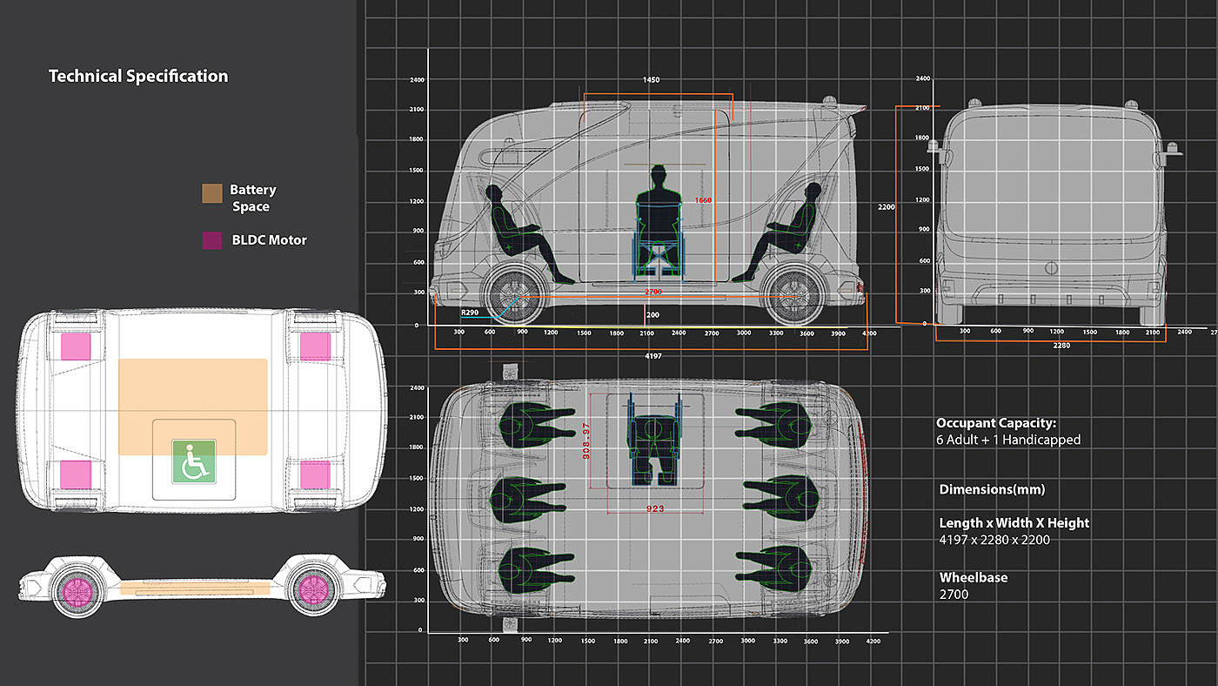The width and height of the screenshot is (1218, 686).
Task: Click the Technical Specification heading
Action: pos(138,77)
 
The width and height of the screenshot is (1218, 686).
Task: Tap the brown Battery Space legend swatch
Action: pos(211,193)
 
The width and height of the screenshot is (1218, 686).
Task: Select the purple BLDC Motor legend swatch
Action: pos(211,240)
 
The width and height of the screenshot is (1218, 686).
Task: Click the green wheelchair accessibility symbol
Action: pos(193,462)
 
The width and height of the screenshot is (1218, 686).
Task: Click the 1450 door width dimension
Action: pos(651,80)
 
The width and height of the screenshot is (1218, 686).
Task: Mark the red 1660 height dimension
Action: pos(703,201)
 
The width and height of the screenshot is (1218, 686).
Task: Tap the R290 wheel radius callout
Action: pos(471,312)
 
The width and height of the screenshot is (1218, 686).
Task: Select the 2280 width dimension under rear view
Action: pos(1061,346)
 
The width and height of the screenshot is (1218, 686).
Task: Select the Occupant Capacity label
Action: pos(996,423)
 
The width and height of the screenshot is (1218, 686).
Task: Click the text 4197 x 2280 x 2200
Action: pos(994,540)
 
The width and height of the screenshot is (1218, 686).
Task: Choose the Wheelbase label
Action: pos(974,577)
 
